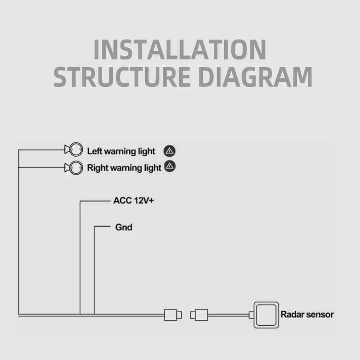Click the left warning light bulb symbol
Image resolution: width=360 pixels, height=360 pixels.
pyautogui.click(x=75, y=148)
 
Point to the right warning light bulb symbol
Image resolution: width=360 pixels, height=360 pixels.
pyautogui.click(x=75, y=167)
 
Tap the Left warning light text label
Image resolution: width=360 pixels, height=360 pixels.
pyautogui.click(x=121, y=151)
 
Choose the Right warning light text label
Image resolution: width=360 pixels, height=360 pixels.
pyautogui.click(x=124, y=168)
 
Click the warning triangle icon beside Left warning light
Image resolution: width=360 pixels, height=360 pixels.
pyautogui.click(x=170, y=151)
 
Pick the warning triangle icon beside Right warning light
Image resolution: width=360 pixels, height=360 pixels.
pyautogui.click(x=170, y=166)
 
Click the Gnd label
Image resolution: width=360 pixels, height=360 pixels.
pyautogui.click(x=124, y=227)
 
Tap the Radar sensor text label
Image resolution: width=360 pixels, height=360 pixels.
pyautogui.click(x=307, y=314)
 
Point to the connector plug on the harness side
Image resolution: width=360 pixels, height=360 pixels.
pyautogui.click(x=172, y=314)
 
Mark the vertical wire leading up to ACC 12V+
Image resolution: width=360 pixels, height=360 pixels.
pyautogui.click(x=80, y=256)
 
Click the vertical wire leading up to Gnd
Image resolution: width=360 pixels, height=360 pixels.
pyautogui.click(x=94, y=270)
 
